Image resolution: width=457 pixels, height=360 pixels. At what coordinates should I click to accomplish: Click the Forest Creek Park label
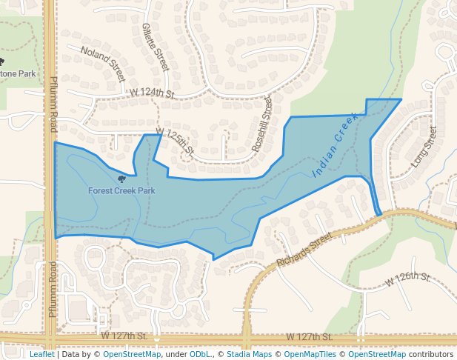[x=121, y=190]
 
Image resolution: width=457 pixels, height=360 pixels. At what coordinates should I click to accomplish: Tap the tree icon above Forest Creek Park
[x=121, y=178]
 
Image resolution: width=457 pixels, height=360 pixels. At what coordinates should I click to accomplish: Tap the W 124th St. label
[x=152, y=93]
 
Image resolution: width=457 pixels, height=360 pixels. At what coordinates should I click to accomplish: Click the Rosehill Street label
[x=261, y=124]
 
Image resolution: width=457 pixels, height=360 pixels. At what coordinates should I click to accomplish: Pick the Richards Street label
[x=304, y=250]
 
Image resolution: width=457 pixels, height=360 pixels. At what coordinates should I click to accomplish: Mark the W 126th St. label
[x=408, y=279]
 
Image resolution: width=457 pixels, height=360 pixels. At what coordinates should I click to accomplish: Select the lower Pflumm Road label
[x=53, y=289]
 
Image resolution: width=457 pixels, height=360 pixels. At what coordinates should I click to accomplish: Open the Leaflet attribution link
[x=42, y=354]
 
